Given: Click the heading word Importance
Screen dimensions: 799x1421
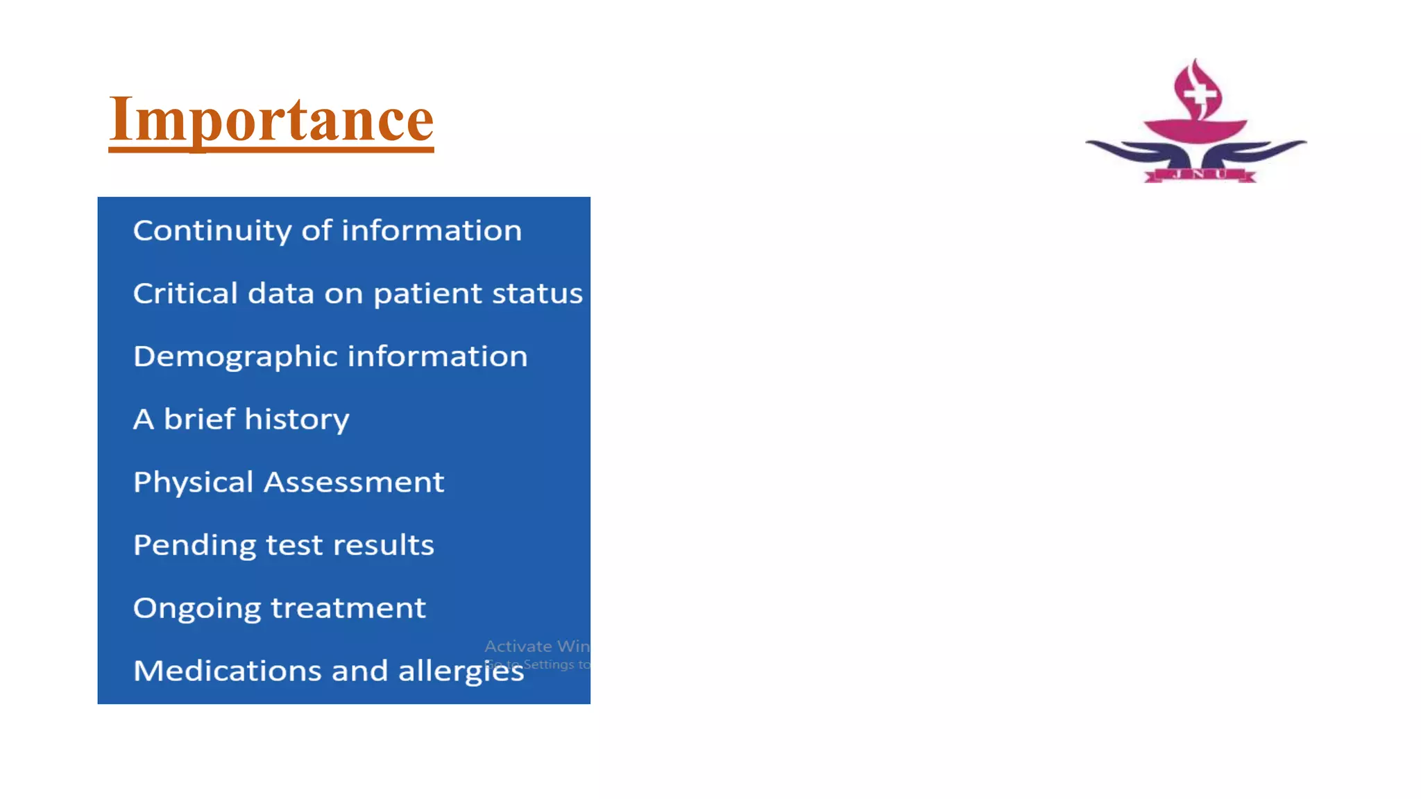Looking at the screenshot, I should coord(271,119).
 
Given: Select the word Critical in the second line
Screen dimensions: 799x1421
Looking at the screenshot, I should coord(185,293).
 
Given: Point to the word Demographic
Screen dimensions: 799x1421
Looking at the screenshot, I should coord(235,357).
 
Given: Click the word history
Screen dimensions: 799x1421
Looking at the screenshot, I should coord(297,420).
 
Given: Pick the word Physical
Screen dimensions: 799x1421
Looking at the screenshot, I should coord(193,483).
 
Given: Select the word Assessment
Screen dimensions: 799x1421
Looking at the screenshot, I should coord(354,482).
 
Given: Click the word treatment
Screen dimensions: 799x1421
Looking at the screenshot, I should coord(348,608).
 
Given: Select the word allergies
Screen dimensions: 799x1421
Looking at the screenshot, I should coord(461,671).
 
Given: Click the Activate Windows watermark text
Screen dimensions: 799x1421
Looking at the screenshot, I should coord(537,646).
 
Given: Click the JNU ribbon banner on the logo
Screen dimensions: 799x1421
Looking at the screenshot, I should coord(1199,175).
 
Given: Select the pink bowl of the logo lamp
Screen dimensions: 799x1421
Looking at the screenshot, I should coord(1195,130).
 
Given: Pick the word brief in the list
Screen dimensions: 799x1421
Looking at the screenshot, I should coord(199,420).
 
